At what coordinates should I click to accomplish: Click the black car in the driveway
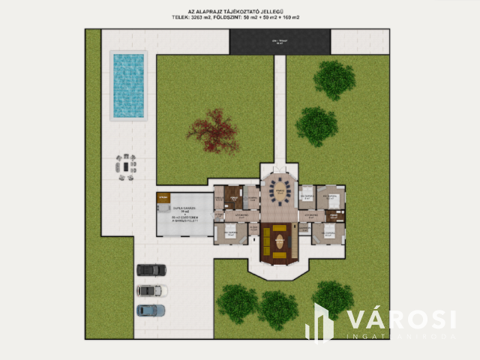[151, 270]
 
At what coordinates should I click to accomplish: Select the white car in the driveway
[151, 290]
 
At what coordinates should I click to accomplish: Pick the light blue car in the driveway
[151, 309]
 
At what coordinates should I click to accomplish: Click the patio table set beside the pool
[126, 163]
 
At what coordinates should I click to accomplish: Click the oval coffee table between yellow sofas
[280, 241]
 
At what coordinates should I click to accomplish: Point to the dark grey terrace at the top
[280, 41]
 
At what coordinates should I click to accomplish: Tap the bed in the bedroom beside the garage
[229, 235]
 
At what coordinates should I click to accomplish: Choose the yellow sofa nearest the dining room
[280, 227]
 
